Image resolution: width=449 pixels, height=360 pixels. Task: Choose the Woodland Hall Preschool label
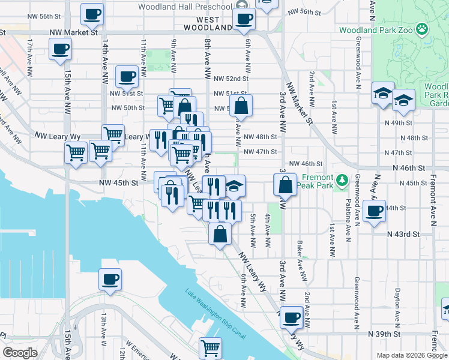coord(184,7)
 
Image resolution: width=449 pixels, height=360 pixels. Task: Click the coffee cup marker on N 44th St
coord(375,211)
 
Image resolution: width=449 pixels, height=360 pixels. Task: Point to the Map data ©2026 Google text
coord(411,355)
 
